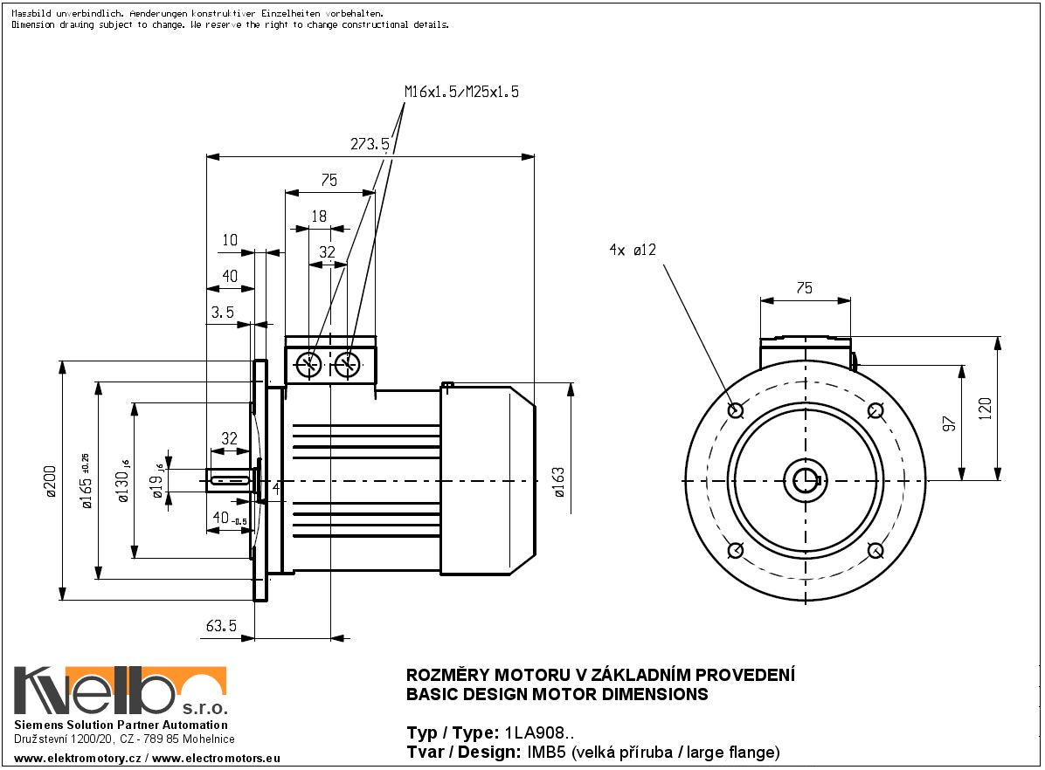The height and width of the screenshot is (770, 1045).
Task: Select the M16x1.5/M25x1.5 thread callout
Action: coord(461,92)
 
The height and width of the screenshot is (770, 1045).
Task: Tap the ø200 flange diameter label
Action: coord(50,480)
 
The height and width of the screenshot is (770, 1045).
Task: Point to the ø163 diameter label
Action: coord(559,481)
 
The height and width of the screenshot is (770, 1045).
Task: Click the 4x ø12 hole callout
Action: coord(633,251)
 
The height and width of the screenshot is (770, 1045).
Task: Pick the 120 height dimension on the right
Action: coord(986,409)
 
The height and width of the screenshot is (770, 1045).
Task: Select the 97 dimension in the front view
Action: coord(951,423)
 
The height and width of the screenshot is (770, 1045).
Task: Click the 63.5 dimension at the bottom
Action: coord(222,626)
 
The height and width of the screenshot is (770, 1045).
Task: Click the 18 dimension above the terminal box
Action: coord(319,217)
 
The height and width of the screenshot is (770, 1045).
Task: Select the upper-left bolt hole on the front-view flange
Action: coord(735,409)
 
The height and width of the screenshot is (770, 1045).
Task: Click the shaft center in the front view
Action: coord(805,480)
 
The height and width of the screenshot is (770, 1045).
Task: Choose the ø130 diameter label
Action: coord(124,480)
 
